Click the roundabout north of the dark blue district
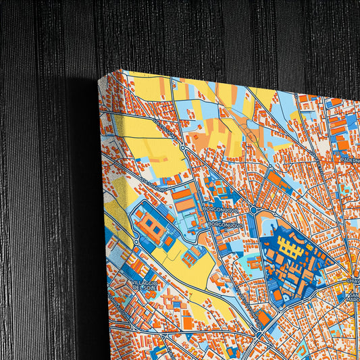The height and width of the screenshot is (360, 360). tap(253, 210)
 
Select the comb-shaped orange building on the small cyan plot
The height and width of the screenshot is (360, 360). tap(192, 255)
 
